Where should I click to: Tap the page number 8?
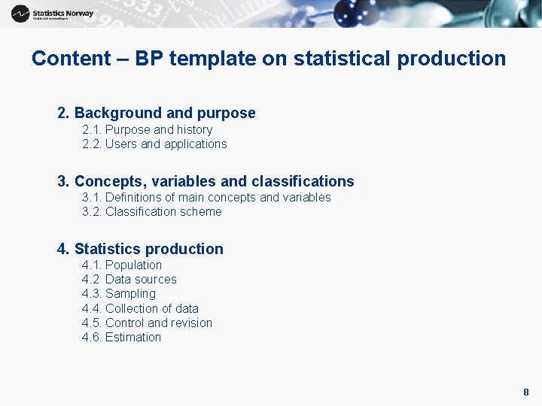526,392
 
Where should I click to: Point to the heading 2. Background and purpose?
157,114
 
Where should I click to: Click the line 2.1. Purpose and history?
147,130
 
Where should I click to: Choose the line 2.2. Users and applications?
154,144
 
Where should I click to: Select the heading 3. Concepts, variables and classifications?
206,181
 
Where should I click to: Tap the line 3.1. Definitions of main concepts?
206,197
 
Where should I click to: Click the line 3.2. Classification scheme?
151,212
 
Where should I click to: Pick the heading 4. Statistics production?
140,249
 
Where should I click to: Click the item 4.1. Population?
122,265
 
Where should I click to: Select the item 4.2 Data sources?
129,280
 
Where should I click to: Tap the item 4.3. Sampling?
119,294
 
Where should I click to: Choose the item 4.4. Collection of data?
140,309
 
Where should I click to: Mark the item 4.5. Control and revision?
147,323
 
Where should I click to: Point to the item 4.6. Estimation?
121,338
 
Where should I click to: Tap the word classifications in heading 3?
303,181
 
